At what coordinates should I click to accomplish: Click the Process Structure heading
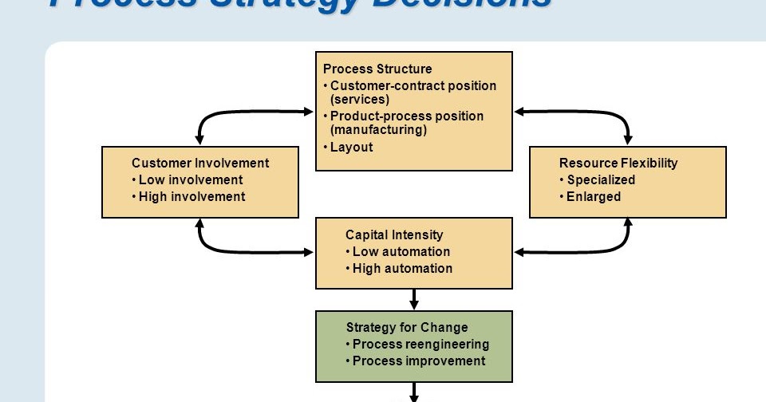[377, 69]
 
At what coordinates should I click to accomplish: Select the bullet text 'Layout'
[351, 147]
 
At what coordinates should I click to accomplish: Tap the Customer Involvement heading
[200, 163]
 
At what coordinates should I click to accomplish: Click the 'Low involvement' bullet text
[191, 180]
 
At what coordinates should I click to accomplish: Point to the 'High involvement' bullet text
[191, 196]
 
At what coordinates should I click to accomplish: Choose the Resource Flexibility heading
[618, 163]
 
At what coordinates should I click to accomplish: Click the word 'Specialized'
[601, 180]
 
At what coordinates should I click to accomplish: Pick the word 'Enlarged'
[593, 196]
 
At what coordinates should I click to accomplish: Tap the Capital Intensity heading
[394, 235]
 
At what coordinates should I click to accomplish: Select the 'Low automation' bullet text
[401, 251]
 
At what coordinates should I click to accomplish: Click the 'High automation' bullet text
[402, 268]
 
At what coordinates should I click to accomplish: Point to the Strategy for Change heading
[407, 327]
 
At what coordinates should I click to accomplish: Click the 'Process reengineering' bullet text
[421, 345]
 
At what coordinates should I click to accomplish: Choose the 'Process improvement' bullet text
[419, 361]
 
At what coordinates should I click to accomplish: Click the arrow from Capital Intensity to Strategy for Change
[414, 299]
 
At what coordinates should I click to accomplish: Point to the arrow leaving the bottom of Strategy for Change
[414, 392]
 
